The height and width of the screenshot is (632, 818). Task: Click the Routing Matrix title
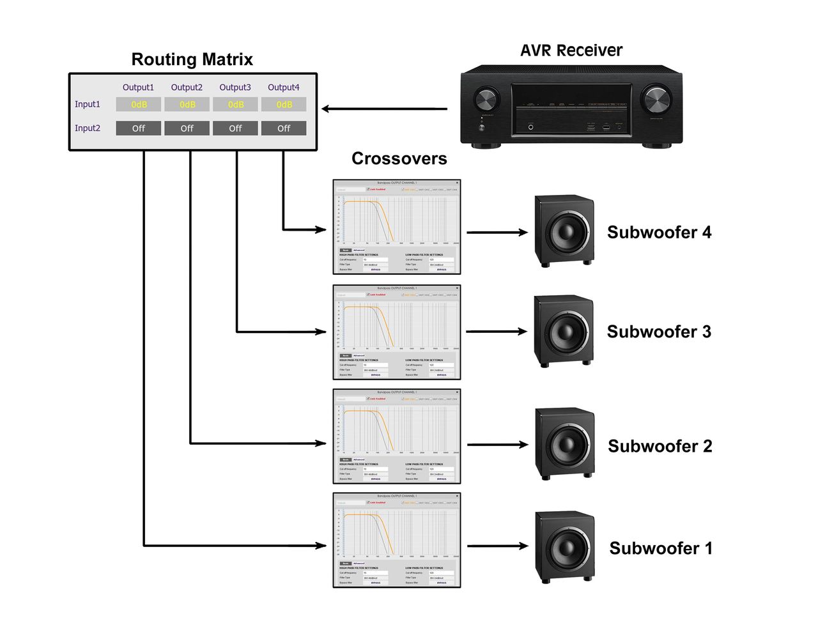192,59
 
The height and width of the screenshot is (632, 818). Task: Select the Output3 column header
235,88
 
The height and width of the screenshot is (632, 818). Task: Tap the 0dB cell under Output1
139,104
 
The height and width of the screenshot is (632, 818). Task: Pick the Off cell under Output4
284,128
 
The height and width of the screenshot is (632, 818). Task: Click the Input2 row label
88,128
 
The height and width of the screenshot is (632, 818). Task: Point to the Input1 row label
88,104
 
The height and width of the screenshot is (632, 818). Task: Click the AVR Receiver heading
571,50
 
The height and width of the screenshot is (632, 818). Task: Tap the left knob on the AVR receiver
485,100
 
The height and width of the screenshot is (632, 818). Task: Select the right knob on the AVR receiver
657,100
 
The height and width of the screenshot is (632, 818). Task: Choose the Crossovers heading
399,158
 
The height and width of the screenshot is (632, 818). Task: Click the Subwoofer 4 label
659,233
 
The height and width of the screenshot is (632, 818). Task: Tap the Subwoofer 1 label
660,548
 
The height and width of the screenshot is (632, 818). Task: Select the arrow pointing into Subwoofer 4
497,233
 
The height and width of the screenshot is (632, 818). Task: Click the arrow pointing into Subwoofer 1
497,546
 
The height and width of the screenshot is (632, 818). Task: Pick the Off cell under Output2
187,128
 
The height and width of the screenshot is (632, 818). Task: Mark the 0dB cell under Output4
284,104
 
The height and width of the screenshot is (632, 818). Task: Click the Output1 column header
139,88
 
